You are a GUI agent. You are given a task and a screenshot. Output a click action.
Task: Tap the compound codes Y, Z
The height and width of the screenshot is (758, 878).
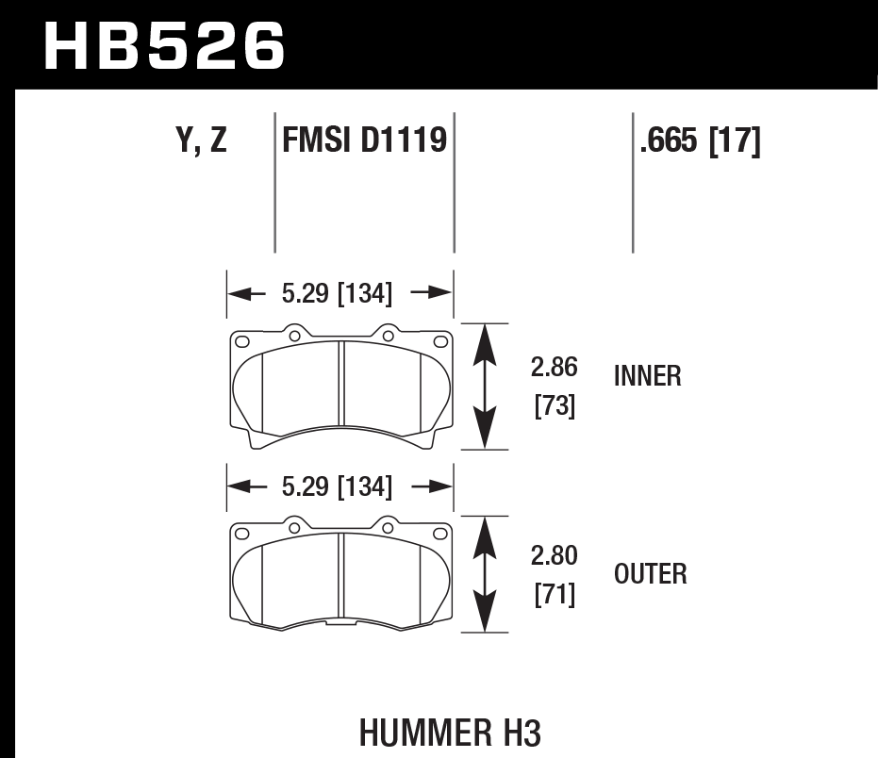pos(201,141)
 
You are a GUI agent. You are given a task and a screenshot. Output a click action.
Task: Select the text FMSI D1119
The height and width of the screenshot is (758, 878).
pos(364,141)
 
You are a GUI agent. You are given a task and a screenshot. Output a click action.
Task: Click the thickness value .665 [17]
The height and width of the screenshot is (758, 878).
pos(700,141)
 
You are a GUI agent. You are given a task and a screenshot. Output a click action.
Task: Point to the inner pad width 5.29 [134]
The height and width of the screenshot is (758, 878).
pos(337,294)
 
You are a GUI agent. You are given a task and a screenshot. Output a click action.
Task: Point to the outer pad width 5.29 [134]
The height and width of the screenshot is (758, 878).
pos(337,486)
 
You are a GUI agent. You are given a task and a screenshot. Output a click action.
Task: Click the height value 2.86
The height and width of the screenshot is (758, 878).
pos(555,367)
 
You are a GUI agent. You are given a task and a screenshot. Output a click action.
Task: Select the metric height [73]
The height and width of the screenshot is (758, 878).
pos(555,405)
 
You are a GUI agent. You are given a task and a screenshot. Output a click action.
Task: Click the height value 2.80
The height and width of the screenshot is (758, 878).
pos(555,556)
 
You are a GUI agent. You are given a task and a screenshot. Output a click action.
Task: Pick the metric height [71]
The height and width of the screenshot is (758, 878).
pos(555,596)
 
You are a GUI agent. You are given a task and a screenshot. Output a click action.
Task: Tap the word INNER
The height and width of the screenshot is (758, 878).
pos(647,377)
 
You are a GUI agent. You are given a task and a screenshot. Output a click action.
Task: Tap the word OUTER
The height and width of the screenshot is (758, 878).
pos(650,573)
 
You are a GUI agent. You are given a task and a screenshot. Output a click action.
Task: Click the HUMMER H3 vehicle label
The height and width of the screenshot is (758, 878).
pos(451,732)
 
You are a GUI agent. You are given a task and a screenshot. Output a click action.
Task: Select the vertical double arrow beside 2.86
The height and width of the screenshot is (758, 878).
pos(484,386)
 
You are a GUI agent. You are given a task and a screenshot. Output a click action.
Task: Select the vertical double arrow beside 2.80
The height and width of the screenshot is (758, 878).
pos(484,574)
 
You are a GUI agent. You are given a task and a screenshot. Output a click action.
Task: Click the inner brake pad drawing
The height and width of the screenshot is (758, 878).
pos(340,387)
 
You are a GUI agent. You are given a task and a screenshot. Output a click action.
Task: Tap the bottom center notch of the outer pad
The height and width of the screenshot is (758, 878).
pos(340,624)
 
